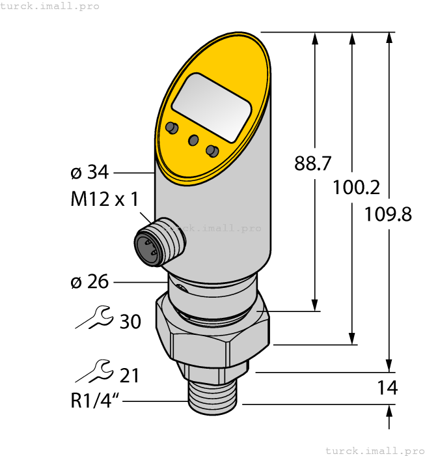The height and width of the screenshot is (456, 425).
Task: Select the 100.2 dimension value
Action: (356, 188)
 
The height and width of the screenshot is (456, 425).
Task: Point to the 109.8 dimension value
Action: (389, 213)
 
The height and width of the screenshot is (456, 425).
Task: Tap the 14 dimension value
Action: (387, 388)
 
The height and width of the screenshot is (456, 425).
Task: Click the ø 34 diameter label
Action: (89, 173)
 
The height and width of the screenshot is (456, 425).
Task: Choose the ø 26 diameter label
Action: (89, 282)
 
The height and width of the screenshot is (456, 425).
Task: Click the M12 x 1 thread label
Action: (104, 199)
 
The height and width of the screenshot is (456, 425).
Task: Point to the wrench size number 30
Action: (130, 321)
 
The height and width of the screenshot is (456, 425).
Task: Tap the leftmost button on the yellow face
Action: (171, 127)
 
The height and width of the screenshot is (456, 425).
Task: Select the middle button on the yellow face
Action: (193, 140)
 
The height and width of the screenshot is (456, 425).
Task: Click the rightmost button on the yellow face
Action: (212, 151)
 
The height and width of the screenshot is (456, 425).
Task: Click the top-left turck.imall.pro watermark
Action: (50, 6)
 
